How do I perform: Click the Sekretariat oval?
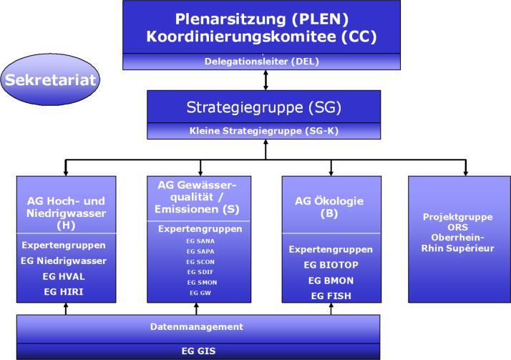pyautogui.click(x=50, y=80)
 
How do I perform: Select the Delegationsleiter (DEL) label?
pyautogui.click(x=262, y=62)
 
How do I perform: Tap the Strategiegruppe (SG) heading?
pyautogui.click(x=263, y=107)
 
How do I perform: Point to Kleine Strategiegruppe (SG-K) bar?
pyautogui.click(x=263, y=131)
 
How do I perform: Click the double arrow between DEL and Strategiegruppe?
pyautogui.click(x=266, y=80)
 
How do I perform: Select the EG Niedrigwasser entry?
pyautogui.click(x=64, y=261)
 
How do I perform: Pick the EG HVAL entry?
pyautogui.click(x=64, y=276)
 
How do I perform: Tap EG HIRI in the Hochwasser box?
pyautogui.click(x=64, y=291)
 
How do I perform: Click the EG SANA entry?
pyautogui.click(x=200, y=241)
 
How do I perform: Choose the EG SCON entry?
pyautogui.click(x=200, y=262)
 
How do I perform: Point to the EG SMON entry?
pyautogui.click(x=202, y=283)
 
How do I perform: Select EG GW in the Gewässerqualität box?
pyautogui.click(x=200, y=293)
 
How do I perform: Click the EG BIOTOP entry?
pyautogui.click(x=331, y=265)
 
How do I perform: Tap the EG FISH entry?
pyautogui.click(x=331, y=296)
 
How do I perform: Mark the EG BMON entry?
pyautogui.click(x=331, y=281)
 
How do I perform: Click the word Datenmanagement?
pyautogui.click(x=197, y=327)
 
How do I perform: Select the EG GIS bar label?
pyautogui.click(x=198, y=351)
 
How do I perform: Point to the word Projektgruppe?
pyautogui.click(x=457, y=217)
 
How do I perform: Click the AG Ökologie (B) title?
pyautogui.click(x=329, y=207)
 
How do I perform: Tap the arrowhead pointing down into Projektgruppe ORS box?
pyautogui.click(x=466, y=172)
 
